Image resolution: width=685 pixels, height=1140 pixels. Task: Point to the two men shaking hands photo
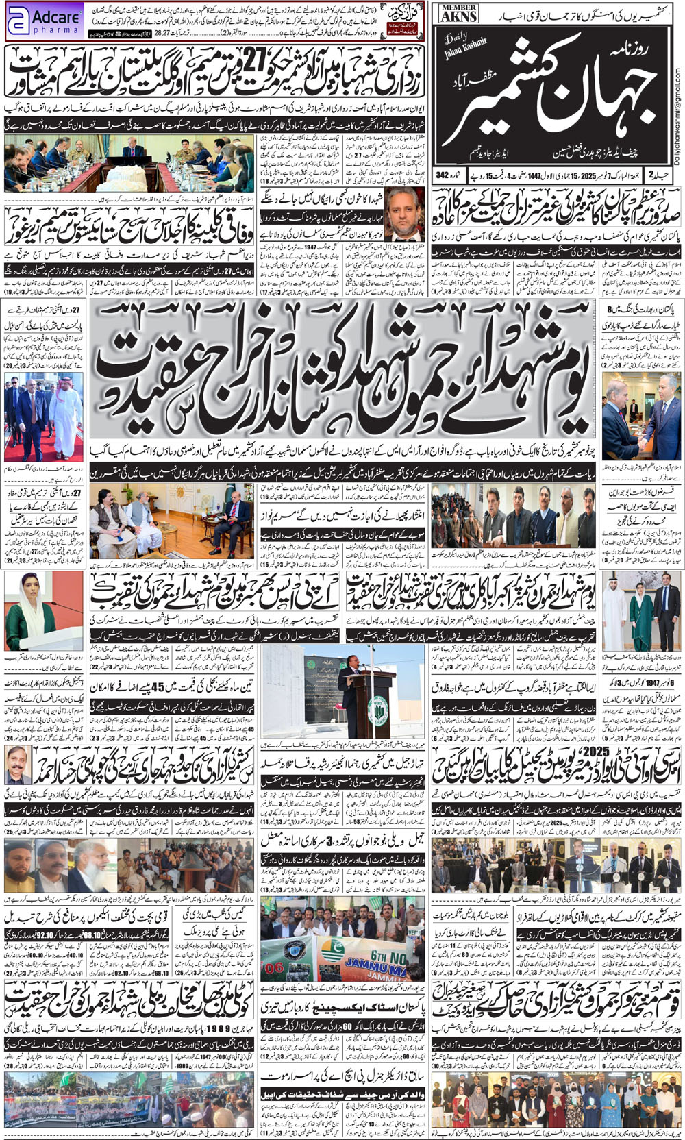pyautogui.click(x=641, y=419)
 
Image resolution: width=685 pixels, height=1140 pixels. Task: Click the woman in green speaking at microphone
pyautogui.click(x=31, y=621)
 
